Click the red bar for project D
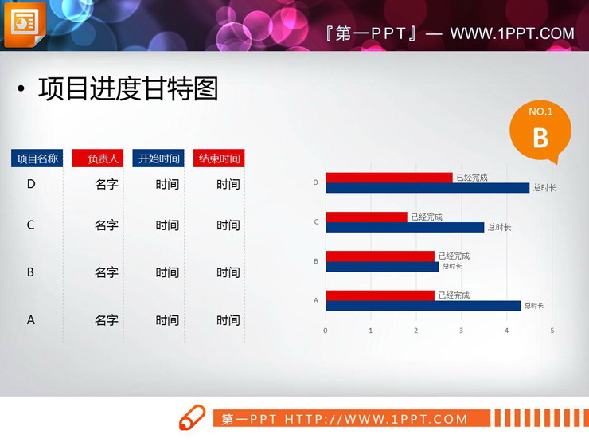coord(388,178)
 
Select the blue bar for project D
coord(427,188)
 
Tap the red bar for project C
coord(366,217)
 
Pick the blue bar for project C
coord(404,227)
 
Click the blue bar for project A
coord(423,306)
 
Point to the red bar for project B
coord(380,256)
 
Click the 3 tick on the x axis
coord(461,330)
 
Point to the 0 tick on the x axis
coord(325,330)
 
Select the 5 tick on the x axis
coord(552,330)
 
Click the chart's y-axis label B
coord(316,261)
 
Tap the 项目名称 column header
coord(37,158)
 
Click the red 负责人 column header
coord(98,158)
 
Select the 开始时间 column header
coord(158,158)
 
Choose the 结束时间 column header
coord(219,158)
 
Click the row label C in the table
coord(31,225)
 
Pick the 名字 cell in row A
coord(107,320)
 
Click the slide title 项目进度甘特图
coord(127,89)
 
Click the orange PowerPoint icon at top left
coord(25,24)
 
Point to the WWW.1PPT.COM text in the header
coord(512,33)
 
